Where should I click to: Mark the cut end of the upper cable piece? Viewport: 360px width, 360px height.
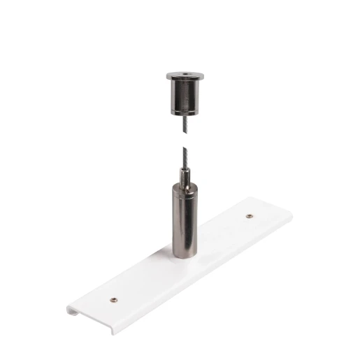pyautogui.click(x=185, y=134)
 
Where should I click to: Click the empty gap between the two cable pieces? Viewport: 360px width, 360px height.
pyautogui.click(x=185, y=142)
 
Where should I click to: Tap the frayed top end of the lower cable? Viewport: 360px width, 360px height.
pyautogui.click(x=185, y=150)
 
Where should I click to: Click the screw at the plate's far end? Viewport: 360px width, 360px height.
pyautogui.click(x=250, y=215)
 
